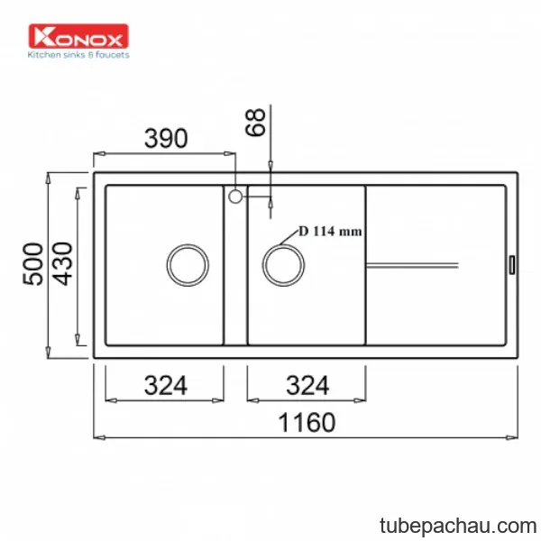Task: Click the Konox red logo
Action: [78, 36]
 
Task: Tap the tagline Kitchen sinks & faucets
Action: [78, 55]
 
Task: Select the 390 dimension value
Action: [166, 138]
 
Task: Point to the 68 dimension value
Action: [255, 122]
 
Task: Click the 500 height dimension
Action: [33, 264]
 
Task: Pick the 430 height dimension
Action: [62, 264]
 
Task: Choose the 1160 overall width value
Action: [307, 422]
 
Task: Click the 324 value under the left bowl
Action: [166, 385]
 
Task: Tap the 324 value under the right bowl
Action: [307, 385]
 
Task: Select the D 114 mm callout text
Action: [330, 231]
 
